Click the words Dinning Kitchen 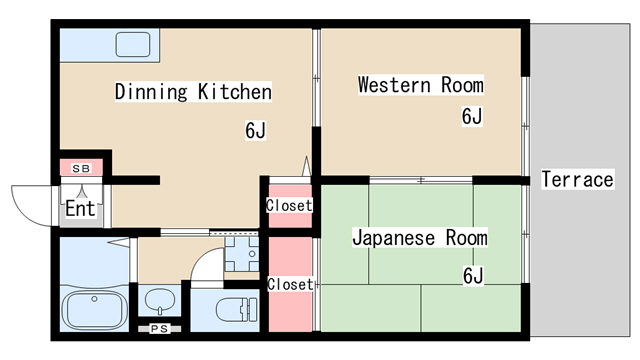tap(193, 93)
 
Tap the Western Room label tap(421, 85)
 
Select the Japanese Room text tap(419, 238)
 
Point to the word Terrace tap(577, 180)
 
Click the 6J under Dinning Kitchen tap(255, 130)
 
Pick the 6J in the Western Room tap(472, 117)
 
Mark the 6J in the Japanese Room tap(473, 274)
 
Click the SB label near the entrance tap(81, 167)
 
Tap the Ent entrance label tap(80, 209)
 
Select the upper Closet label tap(289, 206)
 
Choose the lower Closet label tap(290, 284)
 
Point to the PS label tap(158, 328)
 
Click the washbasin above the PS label tap(158, 300)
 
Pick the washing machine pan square tap(241, 254)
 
